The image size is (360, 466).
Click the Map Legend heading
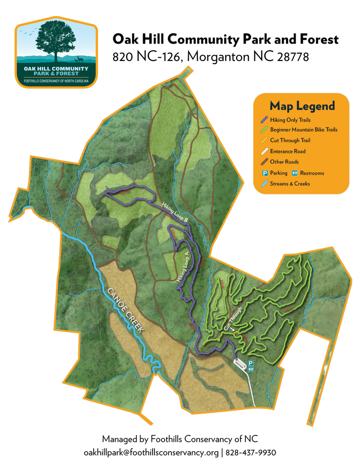302,106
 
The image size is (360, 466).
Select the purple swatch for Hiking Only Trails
264,120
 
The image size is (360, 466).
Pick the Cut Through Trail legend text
290,141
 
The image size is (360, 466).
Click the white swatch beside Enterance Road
264,151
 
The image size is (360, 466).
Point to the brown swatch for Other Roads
264,162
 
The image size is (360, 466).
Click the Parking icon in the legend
264,173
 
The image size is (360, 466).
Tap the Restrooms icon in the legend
295,173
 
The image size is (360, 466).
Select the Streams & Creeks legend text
290,183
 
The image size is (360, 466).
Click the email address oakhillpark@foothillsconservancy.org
151,452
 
